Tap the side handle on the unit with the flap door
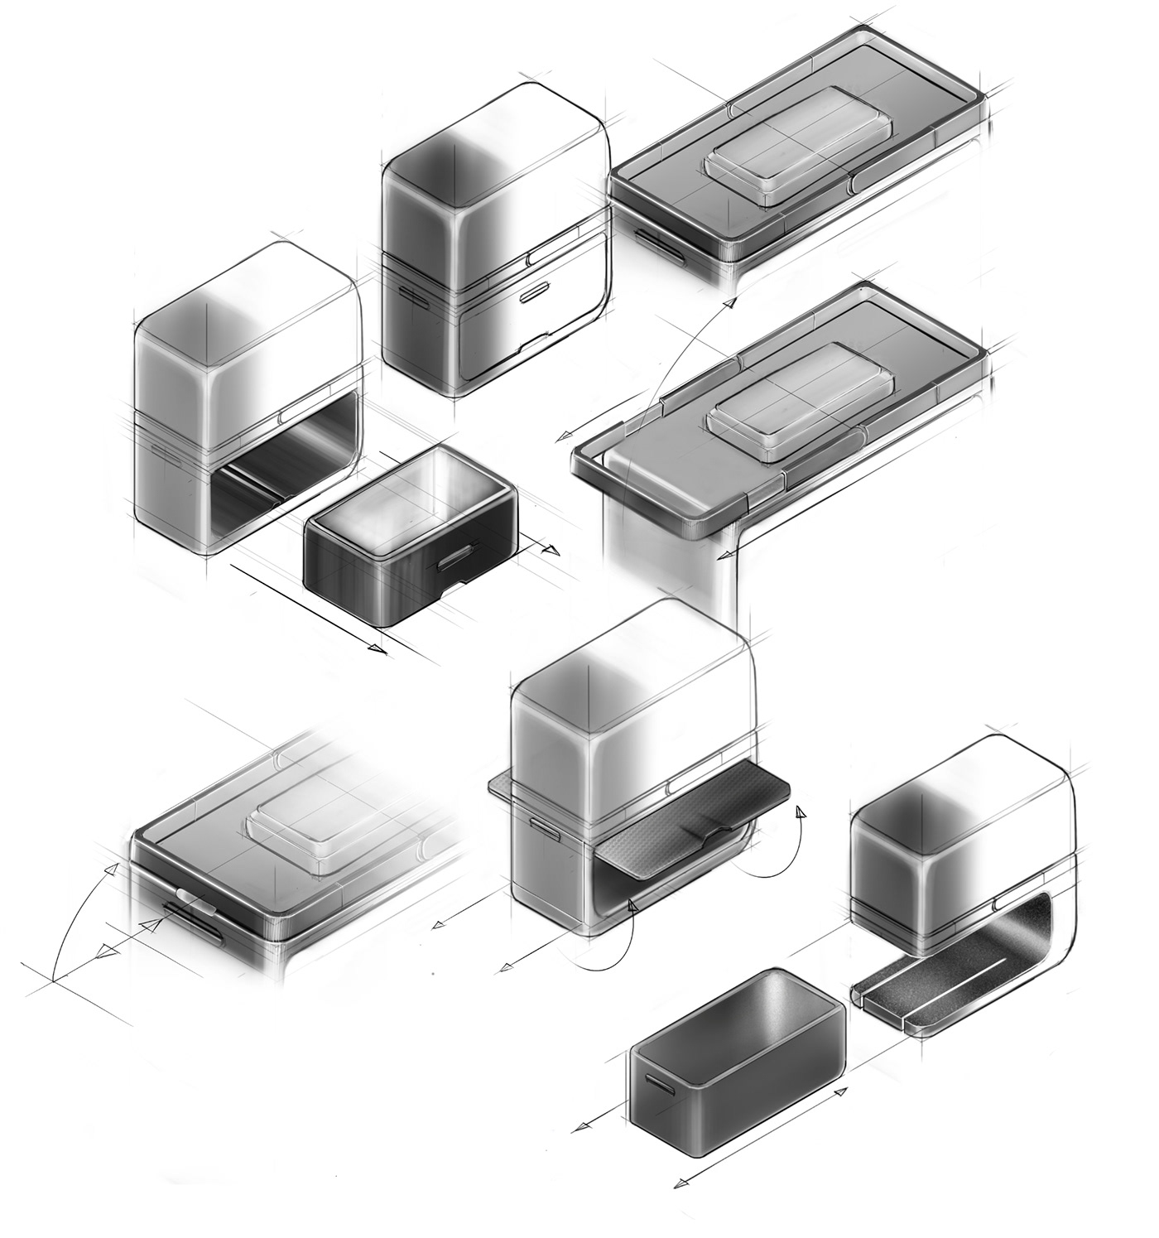[543, 826]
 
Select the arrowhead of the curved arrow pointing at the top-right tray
[730, 304]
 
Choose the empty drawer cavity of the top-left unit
[273, 464]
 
